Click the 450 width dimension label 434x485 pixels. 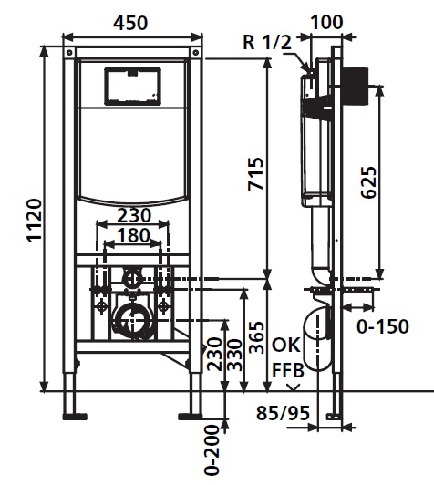tap(130, 23)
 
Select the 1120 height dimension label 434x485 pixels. tap(35, 220)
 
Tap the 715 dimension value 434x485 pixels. tap(256, 173)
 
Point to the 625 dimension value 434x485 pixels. tap(369, 182)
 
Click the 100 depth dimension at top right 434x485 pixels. tap(326, 22)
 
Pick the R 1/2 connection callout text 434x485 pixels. tap(267, 42)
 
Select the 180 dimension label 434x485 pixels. tap(134, 236)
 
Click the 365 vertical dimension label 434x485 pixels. tap(257, 337)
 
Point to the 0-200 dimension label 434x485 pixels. tap(212, 451)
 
